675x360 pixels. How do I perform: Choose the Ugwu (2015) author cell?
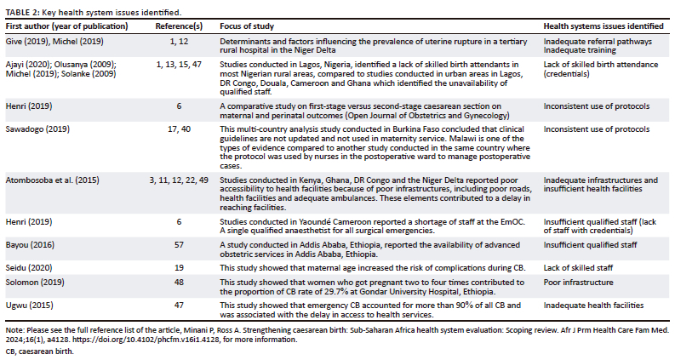tap(26, 304)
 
